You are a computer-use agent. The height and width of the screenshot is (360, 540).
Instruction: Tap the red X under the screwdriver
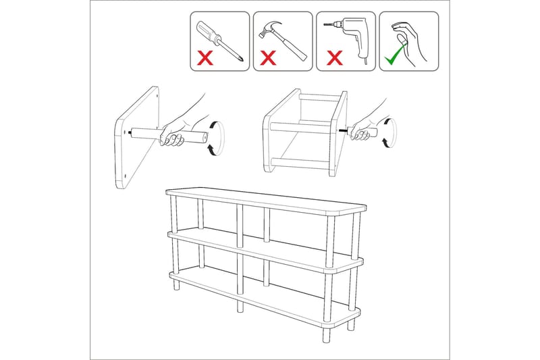point(205,59)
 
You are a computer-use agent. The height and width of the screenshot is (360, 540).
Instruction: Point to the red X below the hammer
point(269,59)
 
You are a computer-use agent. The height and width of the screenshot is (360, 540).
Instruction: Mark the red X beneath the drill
point(333,59)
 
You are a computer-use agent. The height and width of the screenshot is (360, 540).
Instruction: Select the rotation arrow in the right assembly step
point(388,131)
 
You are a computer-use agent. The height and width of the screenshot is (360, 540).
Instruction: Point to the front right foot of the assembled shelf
point(350,324)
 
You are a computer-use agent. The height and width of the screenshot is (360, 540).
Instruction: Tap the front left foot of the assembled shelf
point(176,285)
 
